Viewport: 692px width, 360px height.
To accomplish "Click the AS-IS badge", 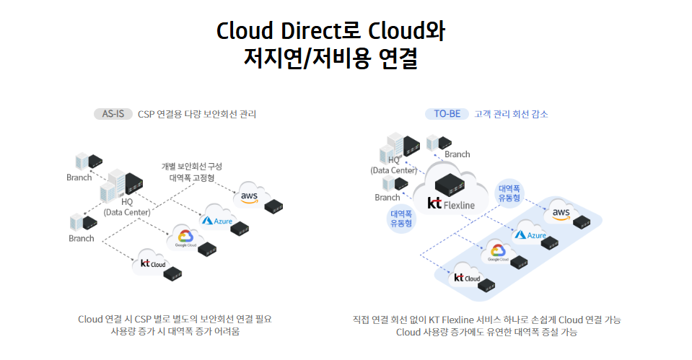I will point(113,113).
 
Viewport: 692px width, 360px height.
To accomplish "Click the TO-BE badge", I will point(447,113).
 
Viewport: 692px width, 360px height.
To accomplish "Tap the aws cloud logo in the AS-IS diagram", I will point(250,196).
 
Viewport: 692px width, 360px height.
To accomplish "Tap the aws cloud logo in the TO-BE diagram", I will point(561,212).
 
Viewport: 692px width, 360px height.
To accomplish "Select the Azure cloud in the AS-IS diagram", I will point(217,220).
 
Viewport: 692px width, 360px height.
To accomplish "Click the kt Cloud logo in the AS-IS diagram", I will point(152,263).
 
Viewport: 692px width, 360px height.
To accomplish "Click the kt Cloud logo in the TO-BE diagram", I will point(466,278).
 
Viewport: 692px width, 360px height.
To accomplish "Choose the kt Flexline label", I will point(451,204).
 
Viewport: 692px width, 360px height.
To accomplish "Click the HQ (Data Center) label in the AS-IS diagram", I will point(126,207).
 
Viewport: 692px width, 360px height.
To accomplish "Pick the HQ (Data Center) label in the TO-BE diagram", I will point(394,164).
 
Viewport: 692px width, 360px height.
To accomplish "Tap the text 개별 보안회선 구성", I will point(191,166).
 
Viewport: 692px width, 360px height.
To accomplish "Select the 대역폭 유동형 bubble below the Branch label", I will point(400,219).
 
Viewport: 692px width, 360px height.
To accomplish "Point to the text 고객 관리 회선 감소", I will point(511,113).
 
